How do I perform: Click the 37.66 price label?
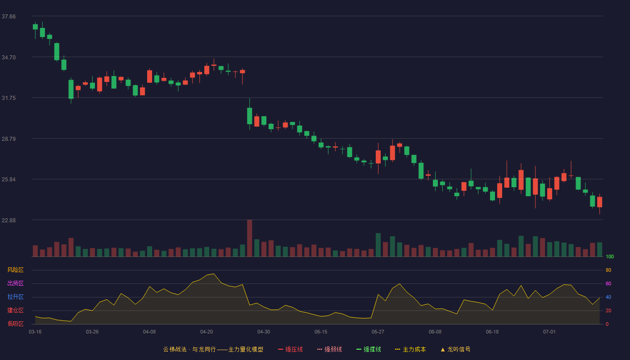pos(9,17)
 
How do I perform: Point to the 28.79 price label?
pos(9,139)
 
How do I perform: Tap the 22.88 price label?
pos(9,220)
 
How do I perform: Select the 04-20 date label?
pos(207,332)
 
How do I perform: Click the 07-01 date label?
pos(549,332)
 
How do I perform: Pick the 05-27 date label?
pos(378,332)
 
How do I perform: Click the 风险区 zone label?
pos(15,270)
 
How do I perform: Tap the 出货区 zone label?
pos(15,283)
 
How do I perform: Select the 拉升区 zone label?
pos(15,297)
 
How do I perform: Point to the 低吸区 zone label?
pos(15,324)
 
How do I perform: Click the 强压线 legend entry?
pos(290,349)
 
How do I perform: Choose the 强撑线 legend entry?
pos(369,349)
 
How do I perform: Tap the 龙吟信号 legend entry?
pos(455,349)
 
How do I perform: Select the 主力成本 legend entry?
pos(410,349)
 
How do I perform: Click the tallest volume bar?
pos(249,238)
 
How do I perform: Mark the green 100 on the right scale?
pos(610,256)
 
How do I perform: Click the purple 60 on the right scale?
pos(608,283)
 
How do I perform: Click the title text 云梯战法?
pos(175,349)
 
